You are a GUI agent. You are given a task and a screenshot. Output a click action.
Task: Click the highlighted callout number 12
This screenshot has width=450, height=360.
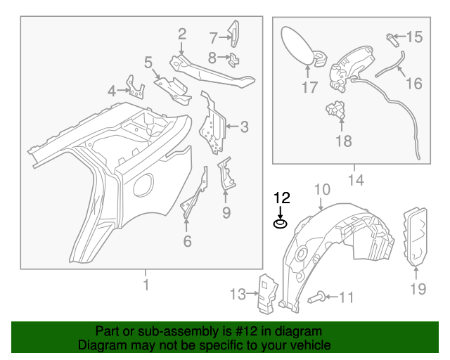click(x=281, y=198)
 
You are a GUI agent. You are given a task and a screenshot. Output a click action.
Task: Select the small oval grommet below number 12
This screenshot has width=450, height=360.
click(x=280, y=224)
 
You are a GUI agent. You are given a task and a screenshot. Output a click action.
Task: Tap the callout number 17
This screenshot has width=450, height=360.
click(x=310, y=88)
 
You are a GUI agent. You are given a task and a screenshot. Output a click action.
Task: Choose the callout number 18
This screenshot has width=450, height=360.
click(x=343, y=141)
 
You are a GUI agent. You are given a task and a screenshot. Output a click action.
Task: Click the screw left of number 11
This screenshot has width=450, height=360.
click(x=315, y=298)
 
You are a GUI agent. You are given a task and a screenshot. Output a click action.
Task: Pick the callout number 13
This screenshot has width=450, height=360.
click(x=238, y=293)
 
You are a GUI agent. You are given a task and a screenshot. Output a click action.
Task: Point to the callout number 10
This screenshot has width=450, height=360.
click(x=321, y=189)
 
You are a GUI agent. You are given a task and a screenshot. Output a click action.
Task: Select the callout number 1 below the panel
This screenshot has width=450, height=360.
click(x=146, y=285)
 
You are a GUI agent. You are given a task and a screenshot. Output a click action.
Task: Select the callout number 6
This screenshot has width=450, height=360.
click(x=186, y=241)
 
